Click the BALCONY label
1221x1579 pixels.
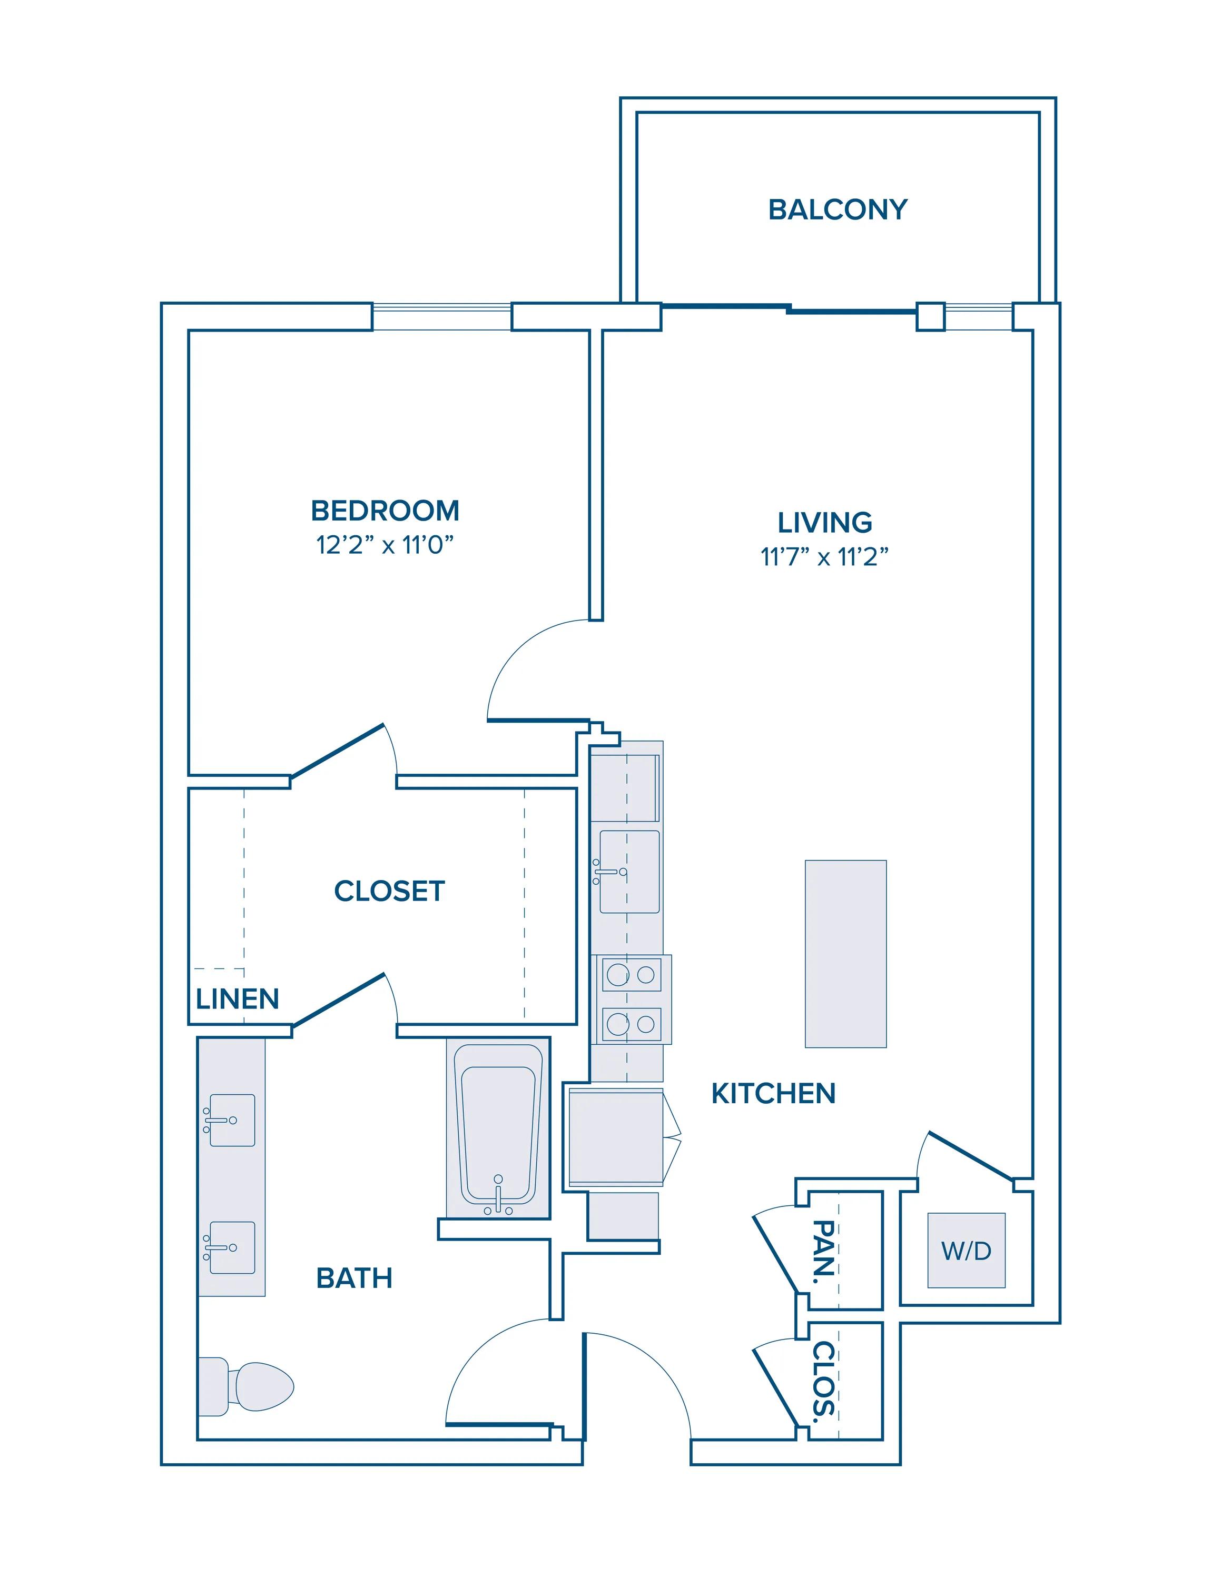pyautogui.click(x=838, y=209)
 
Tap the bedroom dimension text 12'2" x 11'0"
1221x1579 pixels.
pyautogui.click(x=385, y=544)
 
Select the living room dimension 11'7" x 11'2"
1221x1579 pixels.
pyautogui.click(x=824, y=557)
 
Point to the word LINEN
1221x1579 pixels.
pyautogui.click(x=237, y=999)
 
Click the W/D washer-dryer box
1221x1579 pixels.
pyautogui.click(x=967, y=1250)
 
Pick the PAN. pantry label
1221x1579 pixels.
pyautogui.click(x=824, y=1252)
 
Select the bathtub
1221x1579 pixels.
pyautogui.click(x=498, y=1130)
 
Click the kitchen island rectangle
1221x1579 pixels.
pyautogui.click(x=845, y=954)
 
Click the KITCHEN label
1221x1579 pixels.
pyautogui.click(x=773, y=1094)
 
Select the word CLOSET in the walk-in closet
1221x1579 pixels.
pyautogui.click(x=389, y=892)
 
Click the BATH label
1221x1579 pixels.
pyautogui.click(x=355, y=1279)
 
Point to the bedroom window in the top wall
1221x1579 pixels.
pyautogui.click(x=442, y=317)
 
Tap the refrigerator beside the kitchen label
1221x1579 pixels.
pyautogui.click(x=616, y=1138)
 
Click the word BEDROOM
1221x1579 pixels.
pyautogui.click(x=385, y=511)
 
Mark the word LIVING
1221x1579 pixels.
pyautogui.click(x=824, y=523)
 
